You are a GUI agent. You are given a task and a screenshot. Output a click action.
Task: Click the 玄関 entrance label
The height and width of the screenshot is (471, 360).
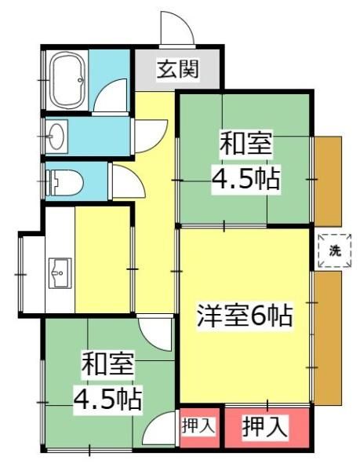pos(177,69)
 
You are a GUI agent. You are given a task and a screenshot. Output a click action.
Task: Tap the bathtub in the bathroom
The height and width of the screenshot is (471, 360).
pos(67,79)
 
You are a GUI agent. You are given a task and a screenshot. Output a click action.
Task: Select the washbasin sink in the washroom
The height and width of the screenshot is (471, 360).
pos(57,136)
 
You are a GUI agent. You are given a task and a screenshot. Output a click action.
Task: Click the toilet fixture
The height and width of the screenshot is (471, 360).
pos(64,183)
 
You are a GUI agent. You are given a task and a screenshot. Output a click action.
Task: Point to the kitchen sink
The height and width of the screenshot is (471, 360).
pos(60,272)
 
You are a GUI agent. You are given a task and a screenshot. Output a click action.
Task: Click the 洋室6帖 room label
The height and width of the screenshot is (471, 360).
pos(244,316)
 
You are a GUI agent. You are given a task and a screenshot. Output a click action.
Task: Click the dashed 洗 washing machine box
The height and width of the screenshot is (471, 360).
pos(334,251)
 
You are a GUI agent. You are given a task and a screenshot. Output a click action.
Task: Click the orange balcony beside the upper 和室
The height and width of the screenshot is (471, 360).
pos(328,181)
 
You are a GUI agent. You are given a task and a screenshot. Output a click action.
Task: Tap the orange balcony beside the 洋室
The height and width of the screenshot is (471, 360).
pos(328,338)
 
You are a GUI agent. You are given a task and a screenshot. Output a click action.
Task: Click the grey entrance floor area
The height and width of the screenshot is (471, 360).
pos(177,69)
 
